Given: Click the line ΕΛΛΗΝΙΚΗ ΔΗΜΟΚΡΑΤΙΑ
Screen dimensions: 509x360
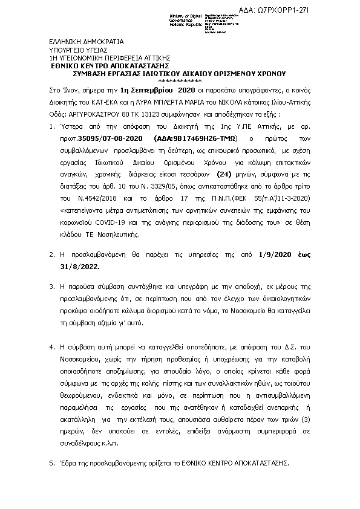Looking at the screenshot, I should click(x=86, y=42).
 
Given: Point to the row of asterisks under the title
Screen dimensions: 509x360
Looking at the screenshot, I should click(x=180, y=80).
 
